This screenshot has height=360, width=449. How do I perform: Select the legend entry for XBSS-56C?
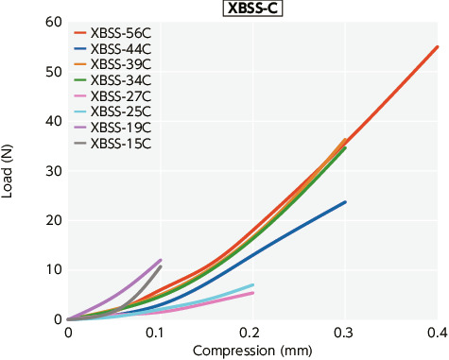click(127, 32)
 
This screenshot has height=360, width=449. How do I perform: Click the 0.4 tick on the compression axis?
click(437, 334)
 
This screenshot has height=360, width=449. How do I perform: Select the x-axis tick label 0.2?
click(252, 334)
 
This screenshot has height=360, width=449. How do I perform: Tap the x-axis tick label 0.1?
click(161, 334)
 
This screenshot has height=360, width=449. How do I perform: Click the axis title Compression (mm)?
click(252, 351)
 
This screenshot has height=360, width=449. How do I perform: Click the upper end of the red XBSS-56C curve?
click(437, 46)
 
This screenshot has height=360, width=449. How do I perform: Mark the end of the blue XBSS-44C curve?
click(345, 202)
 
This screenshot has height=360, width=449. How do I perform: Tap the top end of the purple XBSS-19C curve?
click(161, 260)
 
